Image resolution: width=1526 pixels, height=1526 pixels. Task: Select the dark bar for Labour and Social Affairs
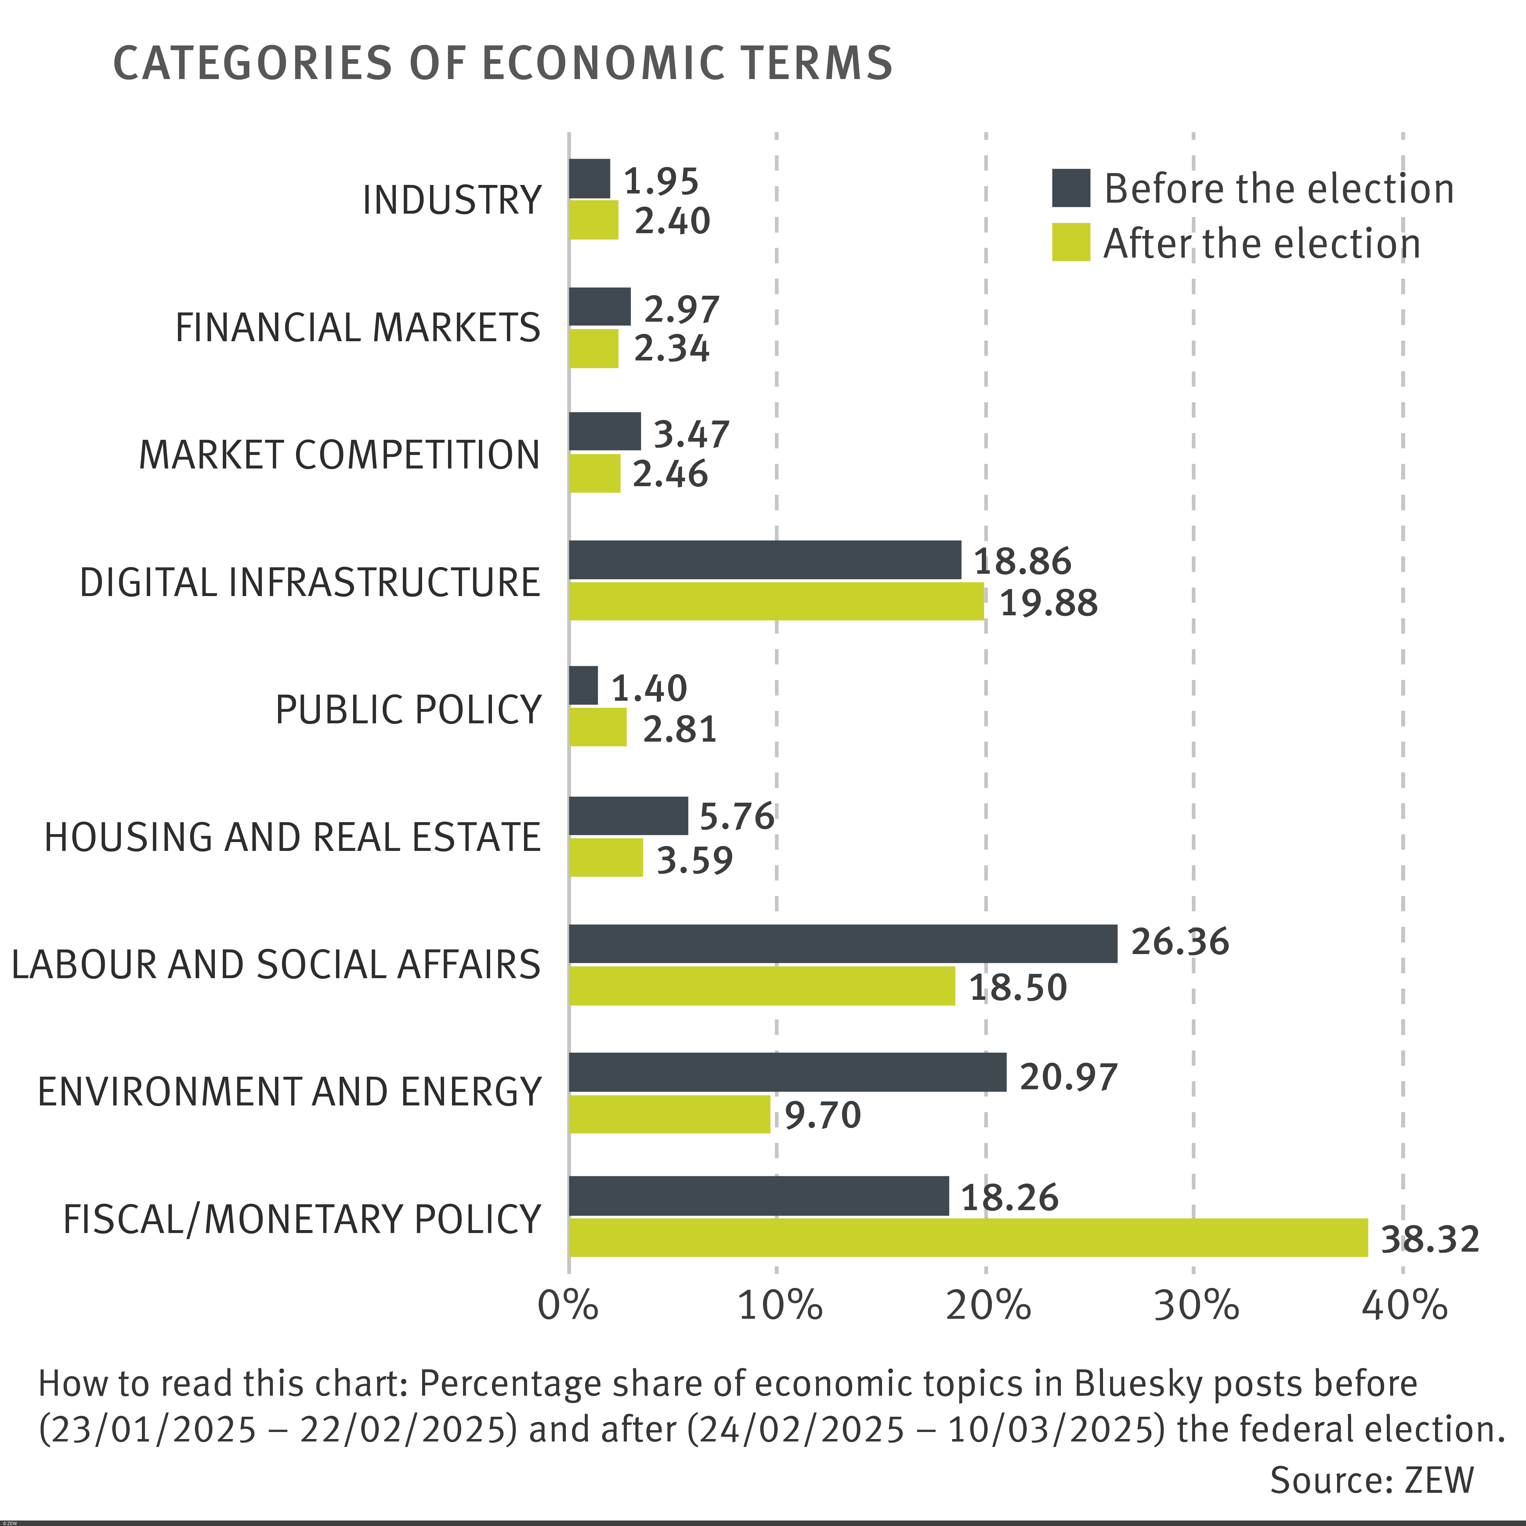(x=843, y=944)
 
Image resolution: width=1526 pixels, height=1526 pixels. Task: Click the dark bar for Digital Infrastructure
(x=765, y=560)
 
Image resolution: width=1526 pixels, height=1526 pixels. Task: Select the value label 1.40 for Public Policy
(x=649, y=689)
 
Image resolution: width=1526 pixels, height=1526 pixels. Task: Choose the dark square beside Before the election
(x=1071, y=188)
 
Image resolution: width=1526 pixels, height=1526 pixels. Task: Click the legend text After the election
(x=1261, y=243)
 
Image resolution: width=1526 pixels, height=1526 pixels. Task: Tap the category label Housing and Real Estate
(x=292, y=837)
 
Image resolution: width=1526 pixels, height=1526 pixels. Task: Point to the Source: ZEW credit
(x=1371, y=1480)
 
